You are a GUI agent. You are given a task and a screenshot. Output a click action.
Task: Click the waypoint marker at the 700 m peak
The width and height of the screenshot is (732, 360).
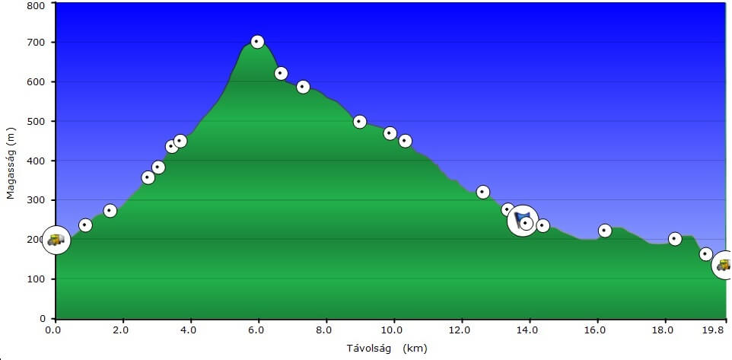tap(257, 41)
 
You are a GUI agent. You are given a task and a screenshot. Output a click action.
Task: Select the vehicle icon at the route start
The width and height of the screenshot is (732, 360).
tap(56, 240)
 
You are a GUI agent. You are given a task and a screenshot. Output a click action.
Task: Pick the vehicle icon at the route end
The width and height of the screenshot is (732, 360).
tap(723, 265)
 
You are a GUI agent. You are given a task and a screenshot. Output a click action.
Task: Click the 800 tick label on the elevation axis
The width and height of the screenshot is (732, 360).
tap(36, 5)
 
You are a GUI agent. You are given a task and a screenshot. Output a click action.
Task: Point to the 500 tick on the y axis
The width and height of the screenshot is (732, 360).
tap(36, 121)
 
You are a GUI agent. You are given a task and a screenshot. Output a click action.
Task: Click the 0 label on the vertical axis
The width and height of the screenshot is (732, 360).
tap(43, 318)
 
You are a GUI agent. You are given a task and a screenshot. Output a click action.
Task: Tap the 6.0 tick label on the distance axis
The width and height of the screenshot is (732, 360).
tap(258, 330)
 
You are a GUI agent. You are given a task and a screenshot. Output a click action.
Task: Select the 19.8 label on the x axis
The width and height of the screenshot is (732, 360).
tap(714, 330)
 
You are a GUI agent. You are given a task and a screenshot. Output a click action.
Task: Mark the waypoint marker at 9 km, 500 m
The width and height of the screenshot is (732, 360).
tap(360, 122)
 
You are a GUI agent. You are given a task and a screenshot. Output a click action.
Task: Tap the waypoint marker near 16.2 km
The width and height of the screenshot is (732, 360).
tap(605, 231)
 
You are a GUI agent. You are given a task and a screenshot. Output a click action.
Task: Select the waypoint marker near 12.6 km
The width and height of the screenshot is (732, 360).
tap(482, 192)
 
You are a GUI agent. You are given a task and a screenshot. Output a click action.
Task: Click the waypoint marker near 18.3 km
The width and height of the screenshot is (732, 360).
tap(675, 239)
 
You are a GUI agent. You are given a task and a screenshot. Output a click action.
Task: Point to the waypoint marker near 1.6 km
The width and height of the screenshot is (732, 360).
tap(110, 211)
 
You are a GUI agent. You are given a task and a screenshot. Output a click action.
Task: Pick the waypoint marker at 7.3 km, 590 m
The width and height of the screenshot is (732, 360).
tap(303, 87)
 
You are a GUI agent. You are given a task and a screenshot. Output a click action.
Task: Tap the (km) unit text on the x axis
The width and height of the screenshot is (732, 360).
tap(415, 348)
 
